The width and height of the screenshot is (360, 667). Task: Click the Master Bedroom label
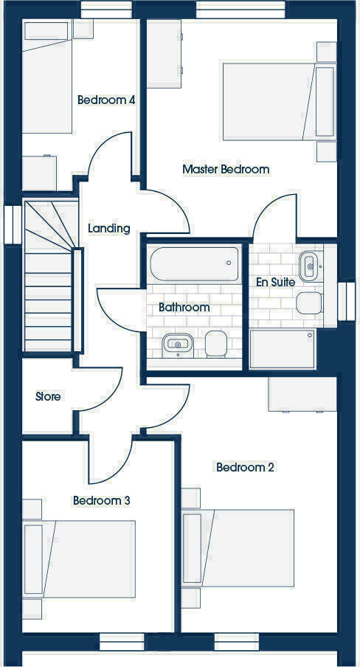click(226, 169)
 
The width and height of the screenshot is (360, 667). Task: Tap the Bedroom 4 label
click(106, 100)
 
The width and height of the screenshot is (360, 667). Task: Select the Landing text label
click(109, 228)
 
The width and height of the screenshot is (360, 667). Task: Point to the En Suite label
click(275, 282)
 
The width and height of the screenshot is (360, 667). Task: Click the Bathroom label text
click(184, 307)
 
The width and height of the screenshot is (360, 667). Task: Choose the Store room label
click(48, 396)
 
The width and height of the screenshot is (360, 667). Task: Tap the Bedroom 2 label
click(245, 467)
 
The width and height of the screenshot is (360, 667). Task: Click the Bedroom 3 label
click(102, 500)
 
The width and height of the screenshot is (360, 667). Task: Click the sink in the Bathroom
click(178, 343)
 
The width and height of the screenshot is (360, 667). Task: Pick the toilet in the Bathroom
click(215, 344)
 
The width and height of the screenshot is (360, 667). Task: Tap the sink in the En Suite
click(309, 262)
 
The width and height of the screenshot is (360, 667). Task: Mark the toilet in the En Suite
click(310, 302)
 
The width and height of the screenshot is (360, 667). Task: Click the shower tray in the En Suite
click(284, 348)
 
